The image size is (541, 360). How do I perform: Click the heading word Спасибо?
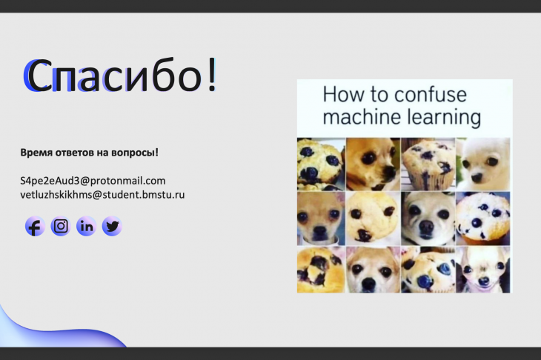click(120, 75)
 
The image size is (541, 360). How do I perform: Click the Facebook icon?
click(35, 226)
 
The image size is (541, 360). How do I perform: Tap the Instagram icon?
click(61, 226)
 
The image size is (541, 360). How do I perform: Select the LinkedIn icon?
click(86, 226)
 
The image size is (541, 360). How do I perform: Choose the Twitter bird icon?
click(112, 226)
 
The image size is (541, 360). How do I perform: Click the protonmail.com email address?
click(93, 181)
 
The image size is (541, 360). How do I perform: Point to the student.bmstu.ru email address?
click(102, 195)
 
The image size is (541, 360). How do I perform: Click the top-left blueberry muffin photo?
click(321, 164)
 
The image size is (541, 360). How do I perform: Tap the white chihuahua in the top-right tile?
click(482, 164)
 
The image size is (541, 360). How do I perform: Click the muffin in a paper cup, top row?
click(428, 164)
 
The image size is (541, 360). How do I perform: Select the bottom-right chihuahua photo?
click(482, 270)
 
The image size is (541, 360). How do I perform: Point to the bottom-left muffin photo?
click(321, 270)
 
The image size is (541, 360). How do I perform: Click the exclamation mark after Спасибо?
click(212, 74)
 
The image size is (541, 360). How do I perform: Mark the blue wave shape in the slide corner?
click(55, 331)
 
